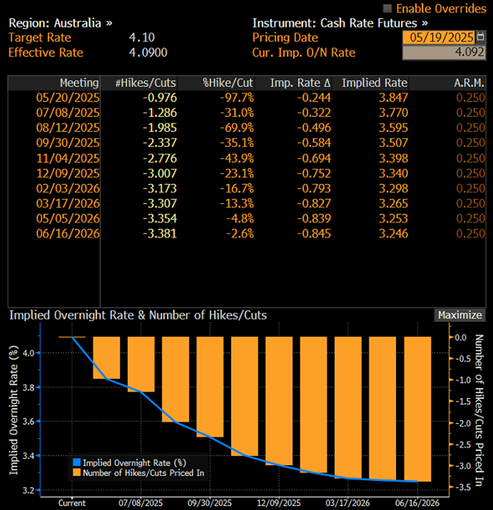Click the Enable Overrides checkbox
tap(388, 8)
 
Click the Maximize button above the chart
tap(460, 315)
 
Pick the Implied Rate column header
tap(374, 83)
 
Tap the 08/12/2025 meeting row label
tap(68, 127)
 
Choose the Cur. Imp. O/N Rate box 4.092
tap(443, 53)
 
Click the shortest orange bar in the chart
tap(106, 358)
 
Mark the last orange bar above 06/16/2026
tap(417, 409)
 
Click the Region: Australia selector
tap(60, 23)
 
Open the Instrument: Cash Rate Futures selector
tap(340, 23)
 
